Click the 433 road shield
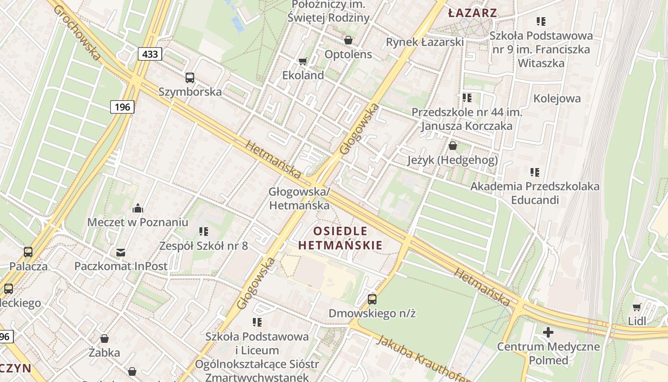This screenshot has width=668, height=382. [x=150, y=54]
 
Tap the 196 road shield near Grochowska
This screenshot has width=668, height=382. [x=122, y=106]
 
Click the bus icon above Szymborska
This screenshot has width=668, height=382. [x=190, y=77]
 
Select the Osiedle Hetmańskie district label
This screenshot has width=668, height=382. [x=340, y=238]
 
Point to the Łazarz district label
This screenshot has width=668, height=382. [x=473, y=13]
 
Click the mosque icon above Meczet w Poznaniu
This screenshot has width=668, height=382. [x=138, y=208]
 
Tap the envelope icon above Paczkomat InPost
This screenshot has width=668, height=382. [x=121, y=252]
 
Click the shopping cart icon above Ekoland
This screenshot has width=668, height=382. [x=303, y=61]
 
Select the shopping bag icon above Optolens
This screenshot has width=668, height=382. [x=348, y=40]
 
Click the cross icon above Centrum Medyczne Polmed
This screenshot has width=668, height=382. [x=548, y=332]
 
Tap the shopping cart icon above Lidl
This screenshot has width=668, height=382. [x=637, y=307]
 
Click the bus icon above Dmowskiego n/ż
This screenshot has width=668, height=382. [x=372, y=299]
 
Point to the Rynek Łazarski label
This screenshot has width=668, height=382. [x=425, y=42]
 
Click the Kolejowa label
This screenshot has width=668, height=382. [x=557, y=98]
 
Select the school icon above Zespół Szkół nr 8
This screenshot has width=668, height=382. [x=204, y=232]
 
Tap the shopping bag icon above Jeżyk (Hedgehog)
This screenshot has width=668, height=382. [x=453, y=146]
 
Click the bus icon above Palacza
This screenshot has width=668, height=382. [x=28, y=252]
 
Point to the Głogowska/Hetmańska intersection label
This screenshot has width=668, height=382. [x=299, y=198]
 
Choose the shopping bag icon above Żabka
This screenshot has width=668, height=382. [x=104, y=339]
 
